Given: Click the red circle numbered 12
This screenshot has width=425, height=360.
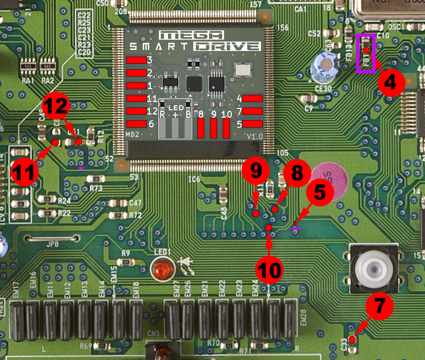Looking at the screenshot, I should pyautogui.click(x=56, y=105).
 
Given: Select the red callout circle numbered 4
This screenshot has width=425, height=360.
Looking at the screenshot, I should pyautogui.click(x=391, y=82).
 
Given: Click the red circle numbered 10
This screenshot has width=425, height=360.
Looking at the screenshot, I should pyautogui.click(x=270, y=270).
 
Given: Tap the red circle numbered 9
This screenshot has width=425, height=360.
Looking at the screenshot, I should pyautogui.click(x=256, y=171).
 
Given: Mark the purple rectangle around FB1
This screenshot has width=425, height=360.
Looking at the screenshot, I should pyautogui.click(x=366, y=54).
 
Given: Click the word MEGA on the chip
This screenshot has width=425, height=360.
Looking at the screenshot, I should pyautogui.click(x=191, y=35).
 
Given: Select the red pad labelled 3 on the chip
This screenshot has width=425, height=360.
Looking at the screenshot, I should pyautogui.click(x=136, y=60).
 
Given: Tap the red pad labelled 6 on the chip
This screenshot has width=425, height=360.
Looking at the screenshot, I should pyautogui.click(x=136, y=124).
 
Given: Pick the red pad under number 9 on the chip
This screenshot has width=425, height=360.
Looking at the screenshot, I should pyautogui.click(x=214, y=128).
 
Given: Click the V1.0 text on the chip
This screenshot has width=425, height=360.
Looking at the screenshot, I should pyautogui.click(x=255, y=137).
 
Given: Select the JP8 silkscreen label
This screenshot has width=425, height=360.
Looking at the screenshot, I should pyautogui.click(x=52, y=244).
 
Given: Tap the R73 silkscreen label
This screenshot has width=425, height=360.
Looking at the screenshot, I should pyautogui.click(x=95, y=188).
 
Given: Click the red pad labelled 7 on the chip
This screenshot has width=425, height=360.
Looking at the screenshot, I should pyautogui.click(x=252, y=111).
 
